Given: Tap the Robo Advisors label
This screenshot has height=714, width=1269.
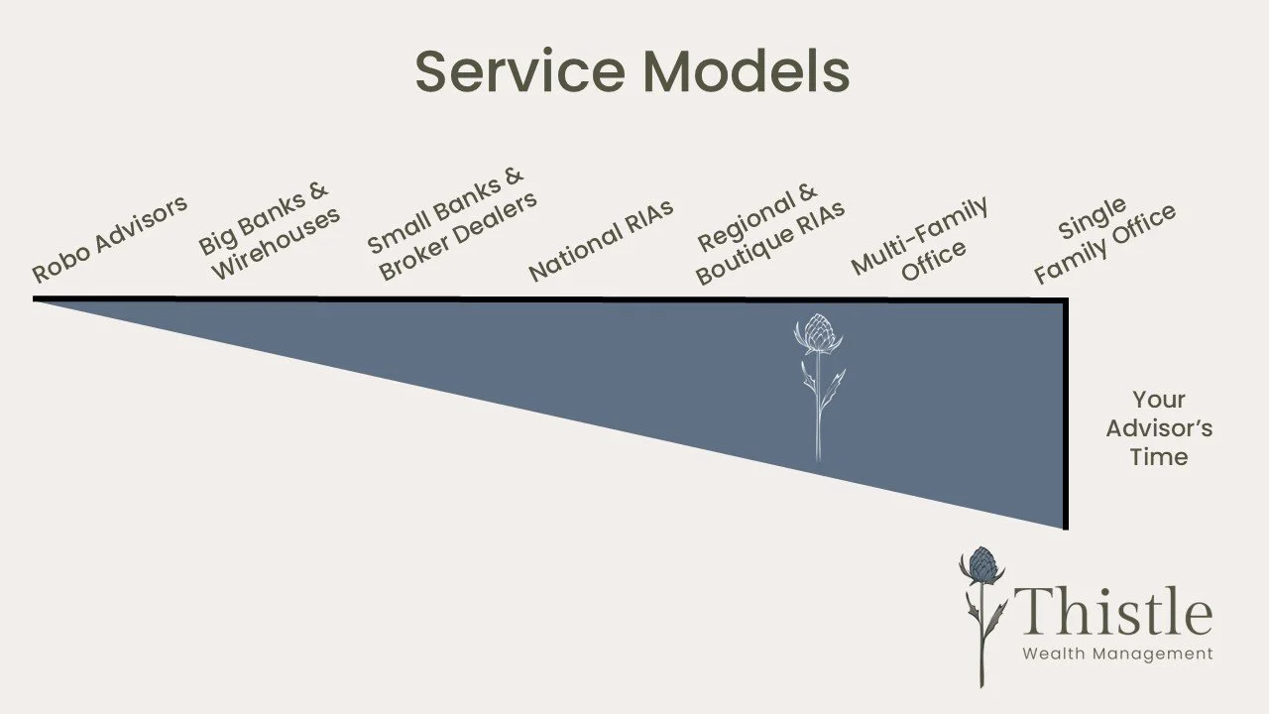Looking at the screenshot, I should [x=110, y=240].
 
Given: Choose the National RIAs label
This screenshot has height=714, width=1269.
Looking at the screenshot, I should [x=601, y=241].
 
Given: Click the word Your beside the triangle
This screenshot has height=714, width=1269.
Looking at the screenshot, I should [x=1159, y=400].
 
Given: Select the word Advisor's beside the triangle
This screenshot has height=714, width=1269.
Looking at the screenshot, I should [x=1159, y=428].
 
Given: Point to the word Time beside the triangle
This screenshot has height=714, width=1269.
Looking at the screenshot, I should [x=1159, y=457].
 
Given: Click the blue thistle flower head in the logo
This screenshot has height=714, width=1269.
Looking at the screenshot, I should [x=981, y=566].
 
